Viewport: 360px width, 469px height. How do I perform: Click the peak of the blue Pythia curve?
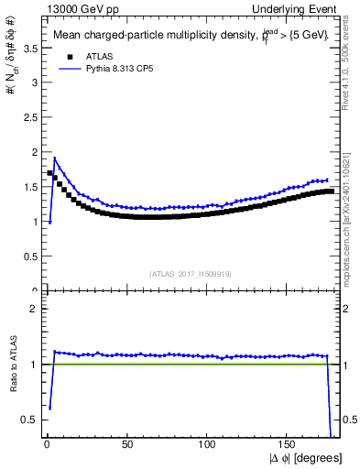(x=55, y=158)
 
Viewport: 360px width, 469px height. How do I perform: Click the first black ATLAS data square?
(x=49, y=173)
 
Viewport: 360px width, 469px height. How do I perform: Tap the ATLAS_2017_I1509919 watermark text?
(x=190, y=273)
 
